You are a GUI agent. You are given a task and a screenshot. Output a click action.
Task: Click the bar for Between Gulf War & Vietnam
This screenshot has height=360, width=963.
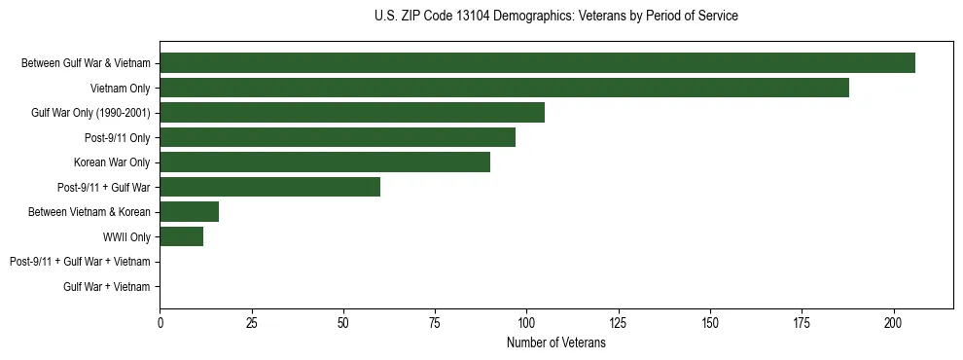tap(537, 63)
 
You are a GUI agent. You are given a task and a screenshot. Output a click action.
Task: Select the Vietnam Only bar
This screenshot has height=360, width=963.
tap(504, 88)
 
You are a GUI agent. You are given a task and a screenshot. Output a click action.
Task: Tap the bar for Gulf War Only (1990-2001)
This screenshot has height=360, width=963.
tap(352, 113)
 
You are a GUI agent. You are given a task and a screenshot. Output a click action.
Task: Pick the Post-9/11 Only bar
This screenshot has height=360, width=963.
tap(338, 137)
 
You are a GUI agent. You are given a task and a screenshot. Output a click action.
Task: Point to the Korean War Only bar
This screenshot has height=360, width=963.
tap(325, 162)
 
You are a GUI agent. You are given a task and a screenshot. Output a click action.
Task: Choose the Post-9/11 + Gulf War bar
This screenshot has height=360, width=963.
tap(269, 187)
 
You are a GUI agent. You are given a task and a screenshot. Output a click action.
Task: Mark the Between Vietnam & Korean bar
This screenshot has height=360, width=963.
tap(189, 212)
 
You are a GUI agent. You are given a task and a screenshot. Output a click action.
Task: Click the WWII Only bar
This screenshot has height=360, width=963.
tap(182, 236)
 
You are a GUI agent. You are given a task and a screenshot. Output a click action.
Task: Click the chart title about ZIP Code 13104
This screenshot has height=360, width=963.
tap(555, 17)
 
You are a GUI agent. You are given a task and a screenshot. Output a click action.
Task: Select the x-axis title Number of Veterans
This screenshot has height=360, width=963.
tap(555, 343)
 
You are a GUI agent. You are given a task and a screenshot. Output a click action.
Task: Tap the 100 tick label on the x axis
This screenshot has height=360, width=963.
tap(526, 322)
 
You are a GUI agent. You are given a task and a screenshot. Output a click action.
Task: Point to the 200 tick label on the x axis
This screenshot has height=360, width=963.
tap(893, 322)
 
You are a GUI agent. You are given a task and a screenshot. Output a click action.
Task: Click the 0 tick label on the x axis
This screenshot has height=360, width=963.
tap(160, 322)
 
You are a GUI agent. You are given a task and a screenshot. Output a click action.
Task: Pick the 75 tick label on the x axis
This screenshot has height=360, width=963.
tap(435, 322)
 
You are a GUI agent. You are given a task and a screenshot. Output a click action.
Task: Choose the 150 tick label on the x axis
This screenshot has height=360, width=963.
tap(710, 322)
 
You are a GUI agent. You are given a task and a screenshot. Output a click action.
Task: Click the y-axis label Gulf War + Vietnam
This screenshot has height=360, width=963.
tap(107, 286)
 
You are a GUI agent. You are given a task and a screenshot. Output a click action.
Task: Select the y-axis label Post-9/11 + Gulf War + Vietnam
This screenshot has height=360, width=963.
tap(80, 262)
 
